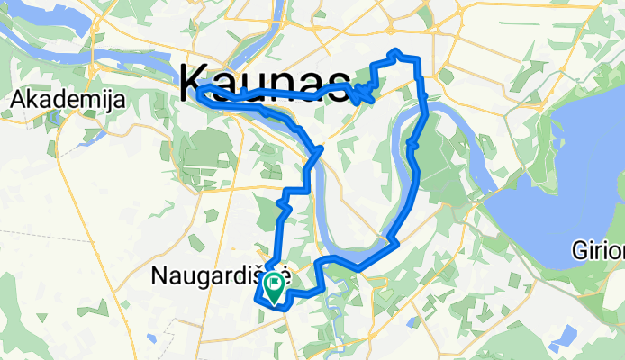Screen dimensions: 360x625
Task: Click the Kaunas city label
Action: (265, 83)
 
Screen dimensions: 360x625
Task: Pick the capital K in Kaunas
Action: (195, 83)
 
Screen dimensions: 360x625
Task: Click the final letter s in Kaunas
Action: (338, 85)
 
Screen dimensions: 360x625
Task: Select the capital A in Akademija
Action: (18, 103)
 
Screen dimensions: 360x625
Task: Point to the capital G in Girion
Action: (579, 249)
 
